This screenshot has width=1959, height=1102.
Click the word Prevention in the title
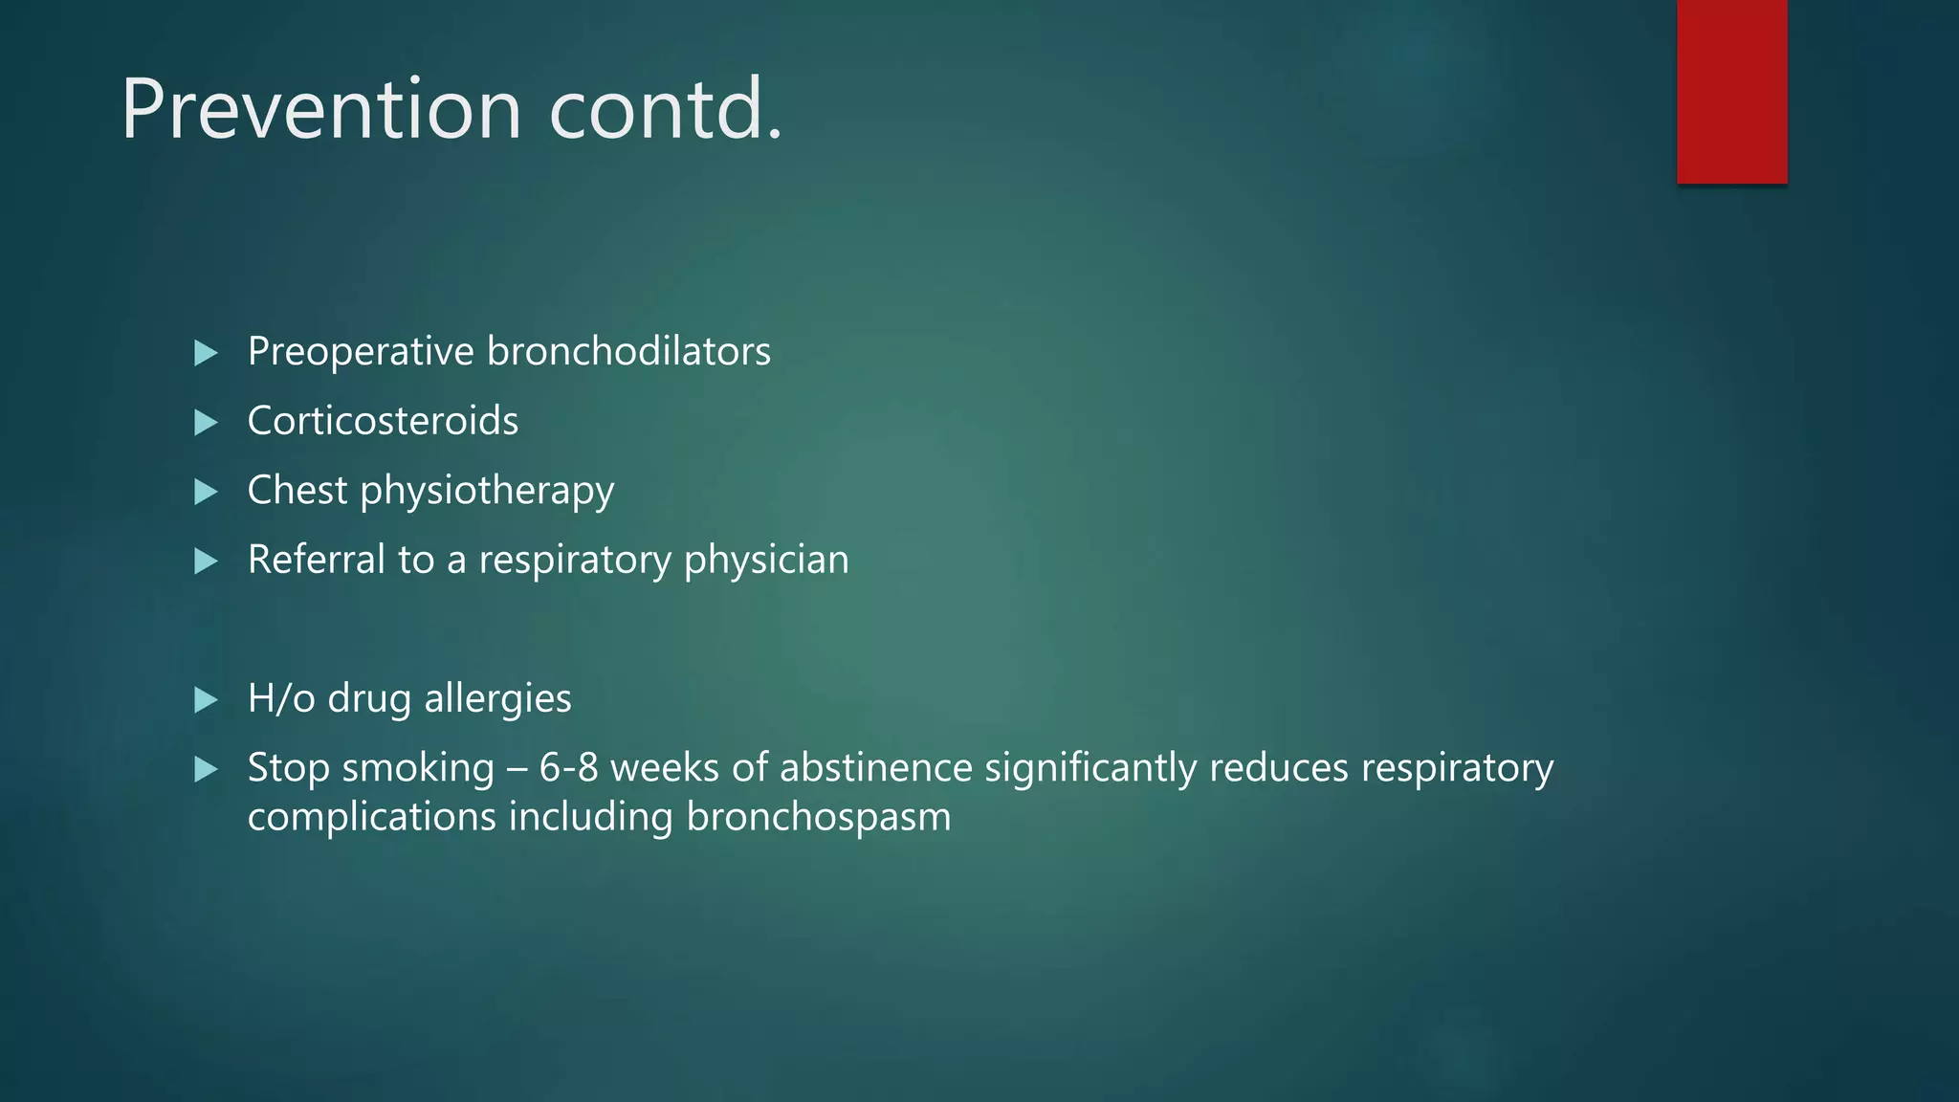coord(320,110)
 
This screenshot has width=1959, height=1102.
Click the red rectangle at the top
coord(1731,91)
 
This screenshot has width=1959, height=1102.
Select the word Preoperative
coord(361,352)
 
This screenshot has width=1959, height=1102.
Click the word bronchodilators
coord(628,352)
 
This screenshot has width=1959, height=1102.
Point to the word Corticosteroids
coord(383,422)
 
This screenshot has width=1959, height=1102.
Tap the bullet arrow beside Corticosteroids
coord(206,423)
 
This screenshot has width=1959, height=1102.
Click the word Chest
coord(297,491)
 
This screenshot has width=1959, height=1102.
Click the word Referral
coord(316,560)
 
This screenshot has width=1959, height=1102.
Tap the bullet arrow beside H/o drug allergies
coord(206,700)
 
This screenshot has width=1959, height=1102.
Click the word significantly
coord(1090,769)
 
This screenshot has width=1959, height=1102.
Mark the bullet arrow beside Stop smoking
coord(206,770)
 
